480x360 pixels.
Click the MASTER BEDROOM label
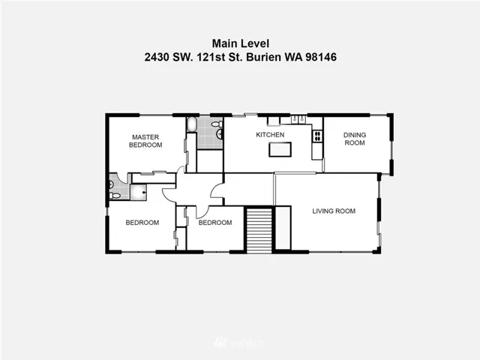point(145,141)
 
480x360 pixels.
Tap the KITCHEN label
point(270,135)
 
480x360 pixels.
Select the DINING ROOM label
point(355,139)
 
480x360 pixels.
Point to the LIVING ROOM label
point(334,211)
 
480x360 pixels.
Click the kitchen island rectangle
point(280,150)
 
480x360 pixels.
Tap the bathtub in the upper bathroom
point(192,124)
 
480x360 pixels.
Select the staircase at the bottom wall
point(259,230)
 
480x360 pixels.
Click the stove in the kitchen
point(317,136)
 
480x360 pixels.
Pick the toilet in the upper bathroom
point(217,124)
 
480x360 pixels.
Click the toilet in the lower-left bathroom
point(115,196)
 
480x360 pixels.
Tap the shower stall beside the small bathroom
point(138,192)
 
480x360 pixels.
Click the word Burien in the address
point(263,57)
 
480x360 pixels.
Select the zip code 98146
point(321,57)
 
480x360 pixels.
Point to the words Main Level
point(241,43)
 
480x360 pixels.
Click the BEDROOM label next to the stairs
point(215,223)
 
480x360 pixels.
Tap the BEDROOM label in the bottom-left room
point(142,223)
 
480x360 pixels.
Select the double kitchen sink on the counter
point(298,119)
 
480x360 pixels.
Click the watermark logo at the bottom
point(238,343)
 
